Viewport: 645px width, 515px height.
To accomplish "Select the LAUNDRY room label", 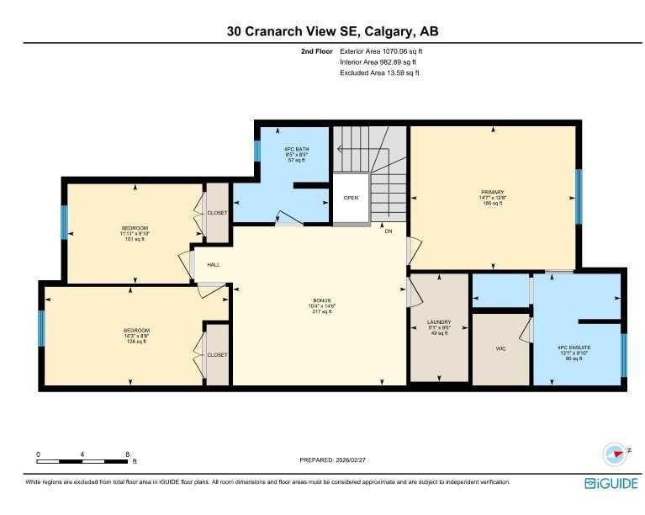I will tap(439, 321).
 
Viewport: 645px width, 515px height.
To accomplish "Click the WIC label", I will tap(500, 348).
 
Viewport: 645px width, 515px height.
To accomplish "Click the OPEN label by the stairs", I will tap(351, 199).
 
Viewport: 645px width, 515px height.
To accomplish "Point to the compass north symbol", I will tap(616, 454).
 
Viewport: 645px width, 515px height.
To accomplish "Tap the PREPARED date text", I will tap(333, 460).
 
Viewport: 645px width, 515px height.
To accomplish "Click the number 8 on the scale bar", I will tap(126, 454).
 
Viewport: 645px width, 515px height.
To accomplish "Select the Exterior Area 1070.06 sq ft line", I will tap(380, 51).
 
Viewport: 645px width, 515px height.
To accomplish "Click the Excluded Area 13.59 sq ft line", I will tap(379, 73).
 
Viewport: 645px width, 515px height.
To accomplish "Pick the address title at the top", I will tap(332, 31).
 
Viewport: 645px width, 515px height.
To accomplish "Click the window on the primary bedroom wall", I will tap(578, 196).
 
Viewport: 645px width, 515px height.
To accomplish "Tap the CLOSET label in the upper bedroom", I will tap(217, 213).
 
